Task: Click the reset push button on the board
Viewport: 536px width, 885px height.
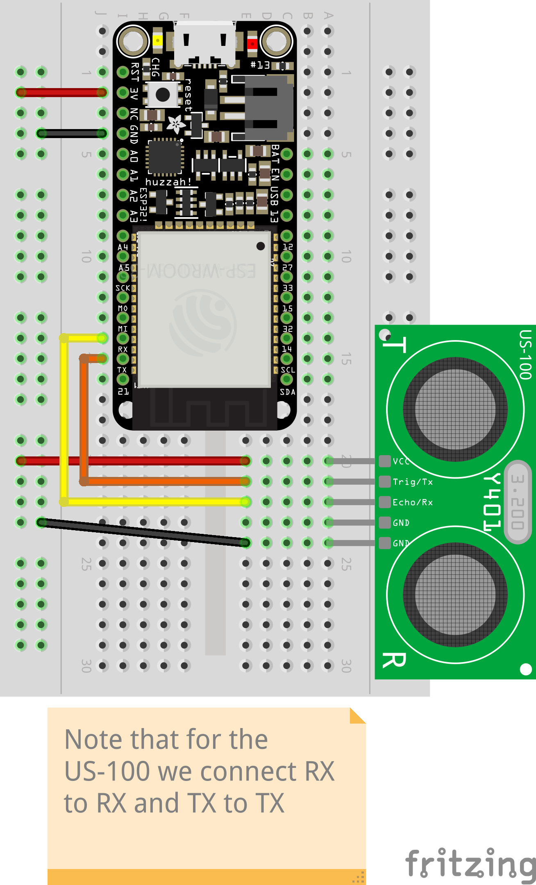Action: coord(163,95)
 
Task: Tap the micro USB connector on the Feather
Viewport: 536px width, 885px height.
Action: coord(205,43)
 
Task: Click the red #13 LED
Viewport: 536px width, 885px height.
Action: coord(252,43)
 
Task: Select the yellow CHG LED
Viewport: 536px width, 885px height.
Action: coord(157,41)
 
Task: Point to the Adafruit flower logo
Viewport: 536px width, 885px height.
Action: coord(176,123)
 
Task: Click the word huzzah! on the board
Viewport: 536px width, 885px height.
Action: coord(168,182)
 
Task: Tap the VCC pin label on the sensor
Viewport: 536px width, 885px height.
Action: coord(401,461)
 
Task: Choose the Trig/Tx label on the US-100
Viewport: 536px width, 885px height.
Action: coord(413,482)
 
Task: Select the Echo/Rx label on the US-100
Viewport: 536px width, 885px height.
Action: coord(413,502)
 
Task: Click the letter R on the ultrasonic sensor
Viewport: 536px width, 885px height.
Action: coord(394,660)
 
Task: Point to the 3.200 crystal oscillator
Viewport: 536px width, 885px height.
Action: coord(518,502)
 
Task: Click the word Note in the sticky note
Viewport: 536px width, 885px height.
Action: coord(94,740)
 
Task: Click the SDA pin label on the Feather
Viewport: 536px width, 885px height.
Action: coord(288,392)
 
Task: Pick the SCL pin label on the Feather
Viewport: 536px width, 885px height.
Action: coord(288,370)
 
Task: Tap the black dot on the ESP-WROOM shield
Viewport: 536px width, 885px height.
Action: coord(261,246)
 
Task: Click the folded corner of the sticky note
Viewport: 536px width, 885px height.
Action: coord(357,716)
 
